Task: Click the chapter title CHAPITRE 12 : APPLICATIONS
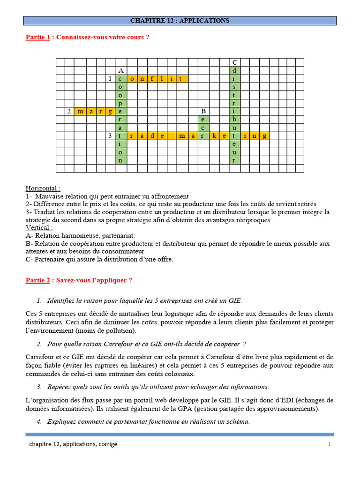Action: [180, 21]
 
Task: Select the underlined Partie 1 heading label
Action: [37, 37]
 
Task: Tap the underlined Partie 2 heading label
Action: [37, 280]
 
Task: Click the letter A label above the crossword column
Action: [120, 70]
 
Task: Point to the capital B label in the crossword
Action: [203, 111]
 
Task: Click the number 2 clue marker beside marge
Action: [69, 111]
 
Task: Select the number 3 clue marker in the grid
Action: [110, 136]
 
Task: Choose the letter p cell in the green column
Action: [120, 103]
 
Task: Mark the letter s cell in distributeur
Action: [234, 87]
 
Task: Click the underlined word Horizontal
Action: [43, 188]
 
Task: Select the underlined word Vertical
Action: [39, 227]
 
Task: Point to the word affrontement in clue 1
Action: [169, 196]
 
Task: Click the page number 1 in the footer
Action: [330, 444]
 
